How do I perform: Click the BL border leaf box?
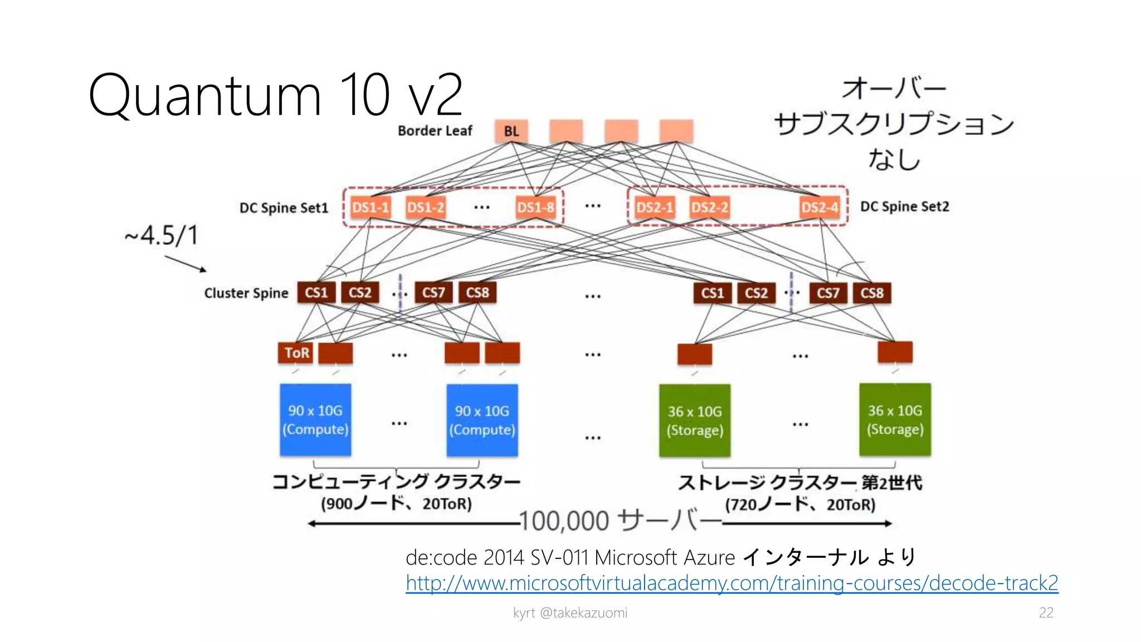click(x=511, y=131)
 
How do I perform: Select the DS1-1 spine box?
click(x=370, y=207)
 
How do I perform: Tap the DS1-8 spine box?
click(x=535, y=207)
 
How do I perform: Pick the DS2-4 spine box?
click(x=820, y=207)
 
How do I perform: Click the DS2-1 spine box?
click(x=655, y=207)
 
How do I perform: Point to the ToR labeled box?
click(x=296, y=353)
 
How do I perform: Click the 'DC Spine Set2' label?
click(x=904, y=207)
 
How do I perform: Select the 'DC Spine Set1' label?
click(x=284, y=208)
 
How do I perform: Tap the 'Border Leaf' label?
click(x=435, y=131)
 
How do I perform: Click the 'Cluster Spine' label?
click(x=246, y=293)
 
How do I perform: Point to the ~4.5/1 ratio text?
click(x=162, y=235)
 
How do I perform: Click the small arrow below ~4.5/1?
click(x=186, y=264)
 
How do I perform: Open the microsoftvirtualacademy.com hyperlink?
click(x=732, y=583)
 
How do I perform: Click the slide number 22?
click(x=1046, y=612)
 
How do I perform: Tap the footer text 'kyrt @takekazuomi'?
click(x=570, y=613)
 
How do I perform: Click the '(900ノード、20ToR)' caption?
click(x=396, y=504)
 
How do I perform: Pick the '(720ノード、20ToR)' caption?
click(x=800, y=504)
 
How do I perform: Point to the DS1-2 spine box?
click(x=425, y=207)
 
